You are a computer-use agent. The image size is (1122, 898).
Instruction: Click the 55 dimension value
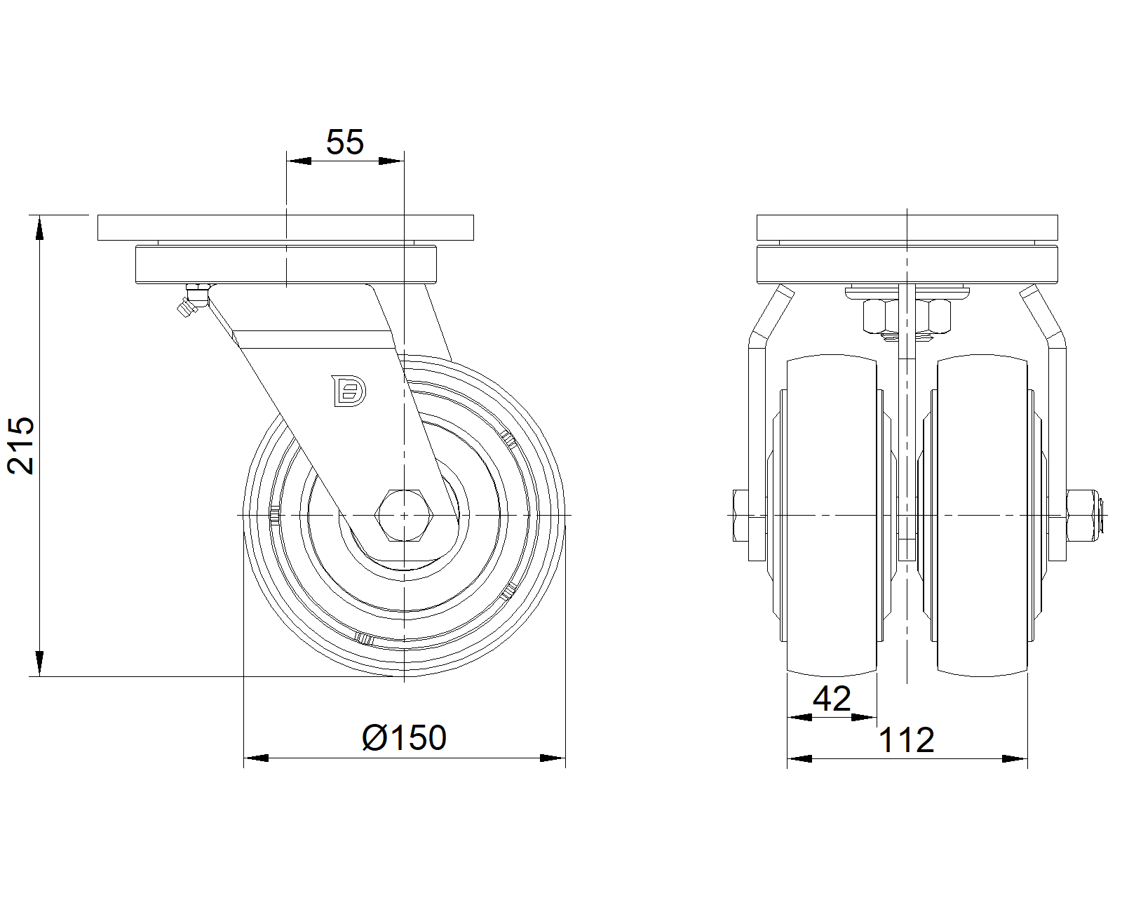pos(344,142)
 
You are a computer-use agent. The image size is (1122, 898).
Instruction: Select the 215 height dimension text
pos(21,445)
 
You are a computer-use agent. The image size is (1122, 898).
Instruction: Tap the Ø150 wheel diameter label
pos(404,737)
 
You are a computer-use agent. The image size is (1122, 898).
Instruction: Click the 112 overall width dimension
pos(906,740)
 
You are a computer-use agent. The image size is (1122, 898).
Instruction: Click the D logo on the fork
pos(349,390)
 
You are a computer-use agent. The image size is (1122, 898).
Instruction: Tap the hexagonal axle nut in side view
pos(404,516)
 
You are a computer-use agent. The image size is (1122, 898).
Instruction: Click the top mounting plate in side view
pos(285,227)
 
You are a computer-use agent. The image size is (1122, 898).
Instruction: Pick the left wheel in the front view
pos(832,516)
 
